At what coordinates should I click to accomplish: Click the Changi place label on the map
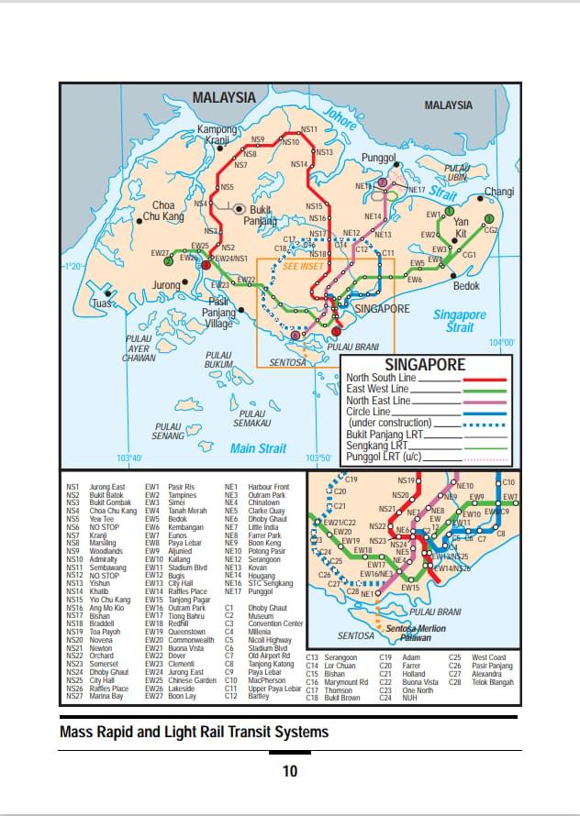499,192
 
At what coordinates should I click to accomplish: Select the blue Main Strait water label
258,448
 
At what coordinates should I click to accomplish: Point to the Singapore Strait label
460,321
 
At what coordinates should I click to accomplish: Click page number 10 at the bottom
290,771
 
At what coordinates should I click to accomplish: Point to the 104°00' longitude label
501,343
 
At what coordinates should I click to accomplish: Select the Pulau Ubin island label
456,173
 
